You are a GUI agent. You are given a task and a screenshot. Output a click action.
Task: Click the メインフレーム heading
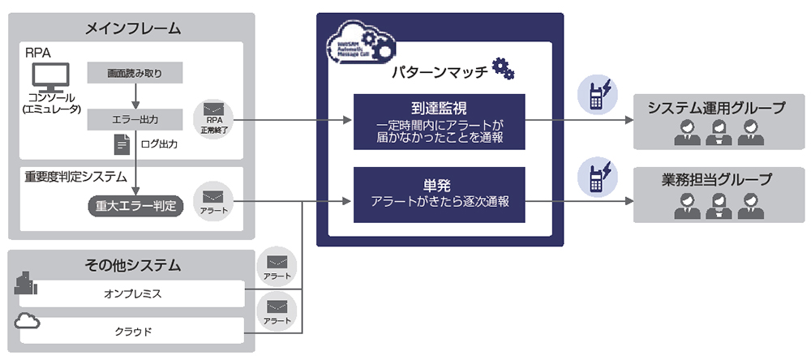[132, 28]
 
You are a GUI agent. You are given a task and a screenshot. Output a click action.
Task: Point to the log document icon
[122, 144]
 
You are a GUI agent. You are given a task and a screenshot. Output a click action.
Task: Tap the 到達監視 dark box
[439, 122]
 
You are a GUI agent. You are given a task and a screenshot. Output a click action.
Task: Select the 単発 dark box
[439, 195]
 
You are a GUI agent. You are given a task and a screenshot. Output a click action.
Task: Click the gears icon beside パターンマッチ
[504, 69]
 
